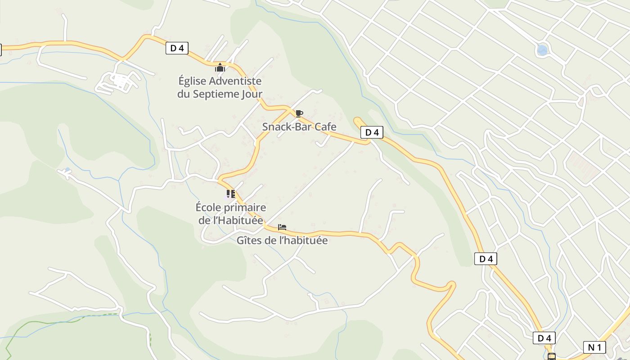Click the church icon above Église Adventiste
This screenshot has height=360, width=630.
pyautogui.click(x=220, y=68)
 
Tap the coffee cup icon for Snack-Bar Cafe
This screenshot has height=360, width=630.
pyautogui.click(x=299, y=113)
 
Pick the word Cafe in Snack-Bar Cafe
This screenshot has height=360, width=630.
pyautogui.click(x=325, y=127)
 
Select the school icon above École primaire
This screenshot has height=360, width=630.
pyautogui.click(x=230, y=194)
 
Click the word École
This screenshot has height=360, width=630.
pyautogui.click(x=210, y=207)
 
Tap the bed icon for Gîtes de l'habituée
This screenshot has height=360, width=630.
pyautogui.click(x=282, y=227)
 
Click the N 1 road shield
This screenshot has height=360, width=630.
pyautogui.click(x=594, y=347)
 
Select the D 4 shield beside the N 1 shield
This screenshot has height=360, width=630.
pyautogui.click(x=544, y=338)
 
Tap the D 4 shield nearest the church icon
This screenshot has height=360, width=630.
pyautogui.click(x=177, y=48)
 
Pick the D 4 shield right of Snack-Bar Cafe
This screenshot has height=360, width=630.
pyautogui.click(x=372, y=132)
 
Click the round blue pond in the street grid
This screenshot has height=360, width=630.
pyautogui.click(x=543, y=50)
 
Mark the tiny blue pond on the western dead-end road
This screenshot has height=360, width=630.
pyautogui.click(x=67, y=170)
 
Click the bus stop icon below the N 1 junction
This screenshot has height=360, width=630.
pyautogui.click(x=551, y=357)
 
